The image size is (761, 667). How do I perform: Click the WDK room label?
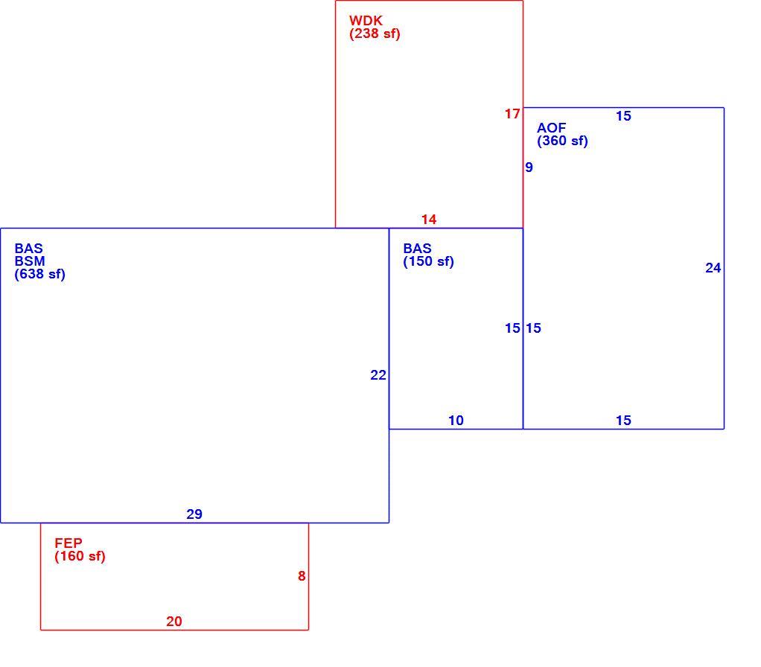point(366,21)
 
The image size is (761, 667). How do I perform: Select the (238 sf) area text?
point(375,34)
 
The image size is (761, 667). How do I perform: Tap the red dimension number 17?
point(512,114)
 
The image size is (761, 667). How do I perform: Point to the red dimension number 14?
point(429,220)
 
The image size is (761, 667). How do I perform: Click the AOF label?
point(551,128)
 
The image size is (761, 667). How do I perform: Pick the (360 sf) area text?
point(562,141)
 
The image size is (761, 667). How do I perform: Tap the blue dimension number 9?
point(529,167)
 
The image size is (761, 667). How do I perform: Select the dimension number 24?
point(713,268)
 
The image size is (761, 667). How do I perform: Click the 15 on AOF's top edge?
point(624,116)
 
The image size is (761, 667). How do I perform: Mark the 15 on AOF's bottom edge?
point(624,421)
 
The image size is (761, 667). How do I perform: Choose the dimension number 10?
point(456,421)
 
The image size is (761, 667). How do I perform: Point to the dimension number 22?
point(378,375)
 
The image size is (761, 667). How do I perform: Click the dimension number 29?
point(194,514)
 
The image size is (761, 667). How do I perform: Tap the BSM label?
point(30,261)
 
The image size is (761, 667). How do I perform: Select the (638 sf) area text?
point(39,275)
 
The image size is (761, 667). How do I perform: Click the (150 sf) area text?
point(429,262)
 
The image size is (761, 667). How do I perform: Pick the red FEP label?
point(69,543)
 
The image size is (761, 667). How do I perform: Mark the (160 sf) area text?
point(80,556)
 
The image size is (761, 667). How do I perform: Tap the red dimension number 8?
point(302,576)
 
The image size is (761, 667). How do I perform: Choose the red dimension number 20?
point(174,622)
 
